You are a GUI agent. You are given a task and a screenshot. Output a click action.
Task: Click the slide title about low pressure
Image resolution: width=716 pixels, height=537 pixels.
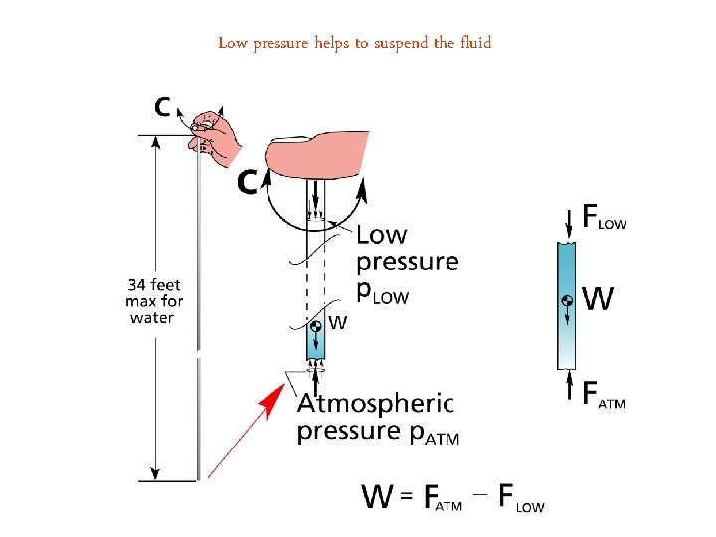[x=355, y=42]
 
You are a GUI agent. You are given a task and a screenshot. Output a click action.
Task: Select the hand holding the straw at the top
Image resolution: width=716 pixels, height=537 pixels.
[x=218, y=136]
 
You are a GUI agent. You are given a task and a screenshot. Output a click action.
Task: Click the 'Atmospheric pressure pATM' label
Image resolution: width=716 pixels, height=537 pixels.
[x=378, y=418]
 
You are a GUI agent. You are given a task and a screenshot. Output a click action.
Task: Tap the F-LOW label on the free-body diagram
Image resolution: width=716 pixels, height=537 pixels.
[x=604, y=217]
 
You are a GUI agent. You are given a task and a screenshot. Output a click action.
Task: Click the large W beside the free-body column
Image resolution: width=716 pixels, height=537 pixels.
[x=596, y=298]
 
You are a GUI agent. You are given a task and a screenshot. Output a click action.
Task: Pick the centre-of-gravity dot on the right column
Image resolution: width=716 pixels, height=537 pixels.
[x=566, y=301]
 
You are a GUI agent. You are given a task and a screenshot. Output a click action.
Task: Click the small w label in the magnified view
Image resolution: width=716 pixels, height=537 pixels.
[x=337, y=322]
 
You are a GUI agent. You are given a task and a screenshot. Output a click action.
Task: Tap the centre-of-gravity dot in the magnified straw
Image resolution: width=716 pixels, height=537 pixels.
[x=315, y=326]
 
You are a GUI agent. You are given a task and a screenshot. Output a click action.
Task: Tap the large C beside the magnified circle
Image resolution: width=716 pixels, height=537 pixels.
[x=249, y=182]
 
